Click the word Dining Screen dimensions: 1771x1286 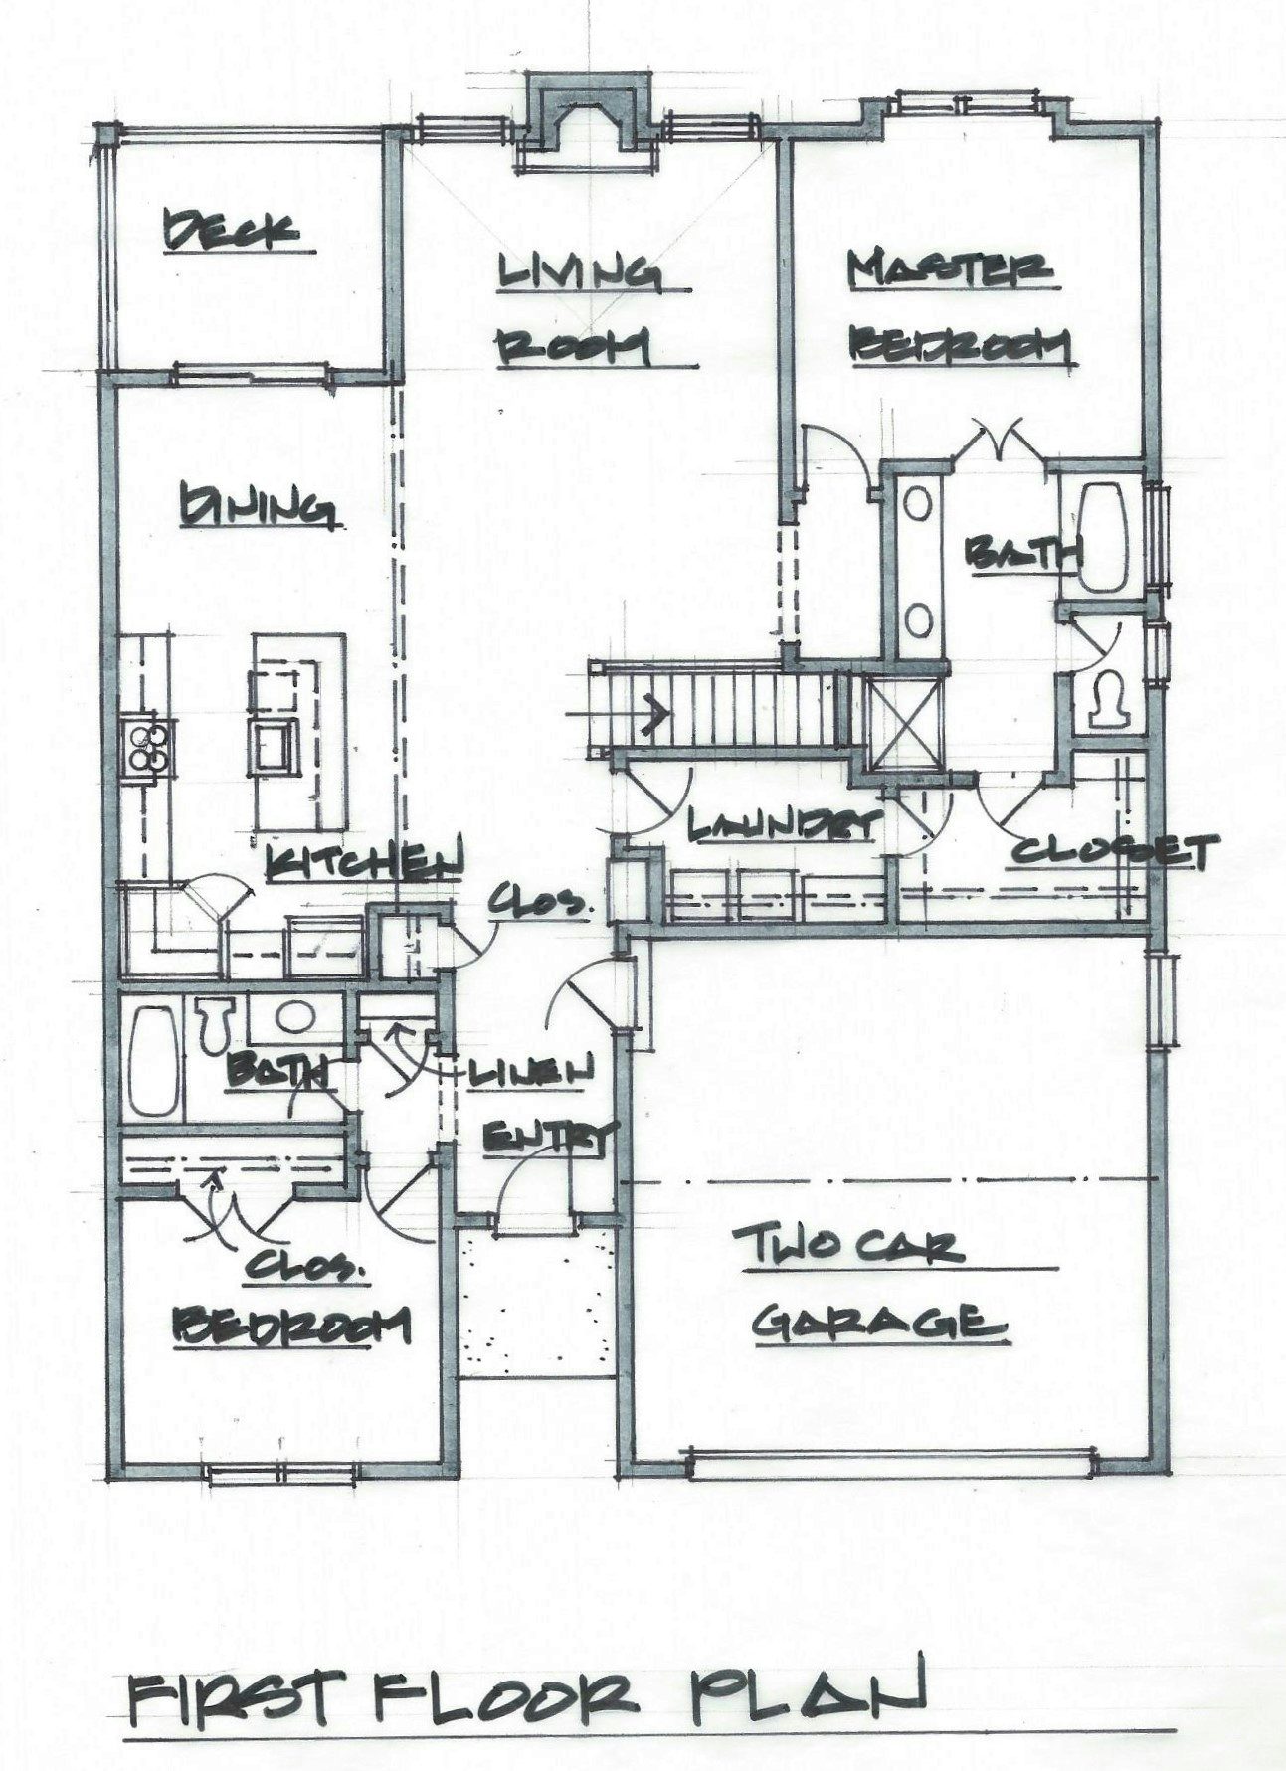256,505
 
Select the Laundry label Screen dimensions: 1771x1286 785,824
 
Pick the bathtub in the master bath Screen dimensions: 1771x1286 1104,537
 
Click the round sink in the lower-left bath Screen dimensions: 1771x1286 293,1018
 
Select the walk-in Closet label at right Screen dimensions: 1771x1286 1114,851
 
